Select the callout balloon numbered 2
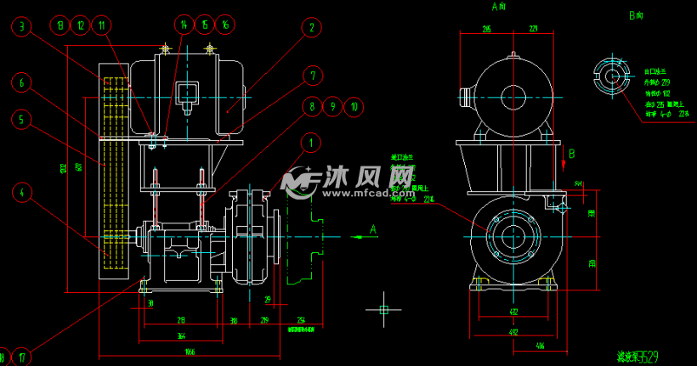[x=312, y=27]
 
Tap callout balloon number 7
[x=312, y=76]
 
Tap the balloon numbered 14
[x=184, y=25]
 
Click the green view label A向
[x=500, y=7]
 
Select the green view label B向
[x=636, y=15]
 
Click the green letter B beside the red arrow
[x=572, y=154]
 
